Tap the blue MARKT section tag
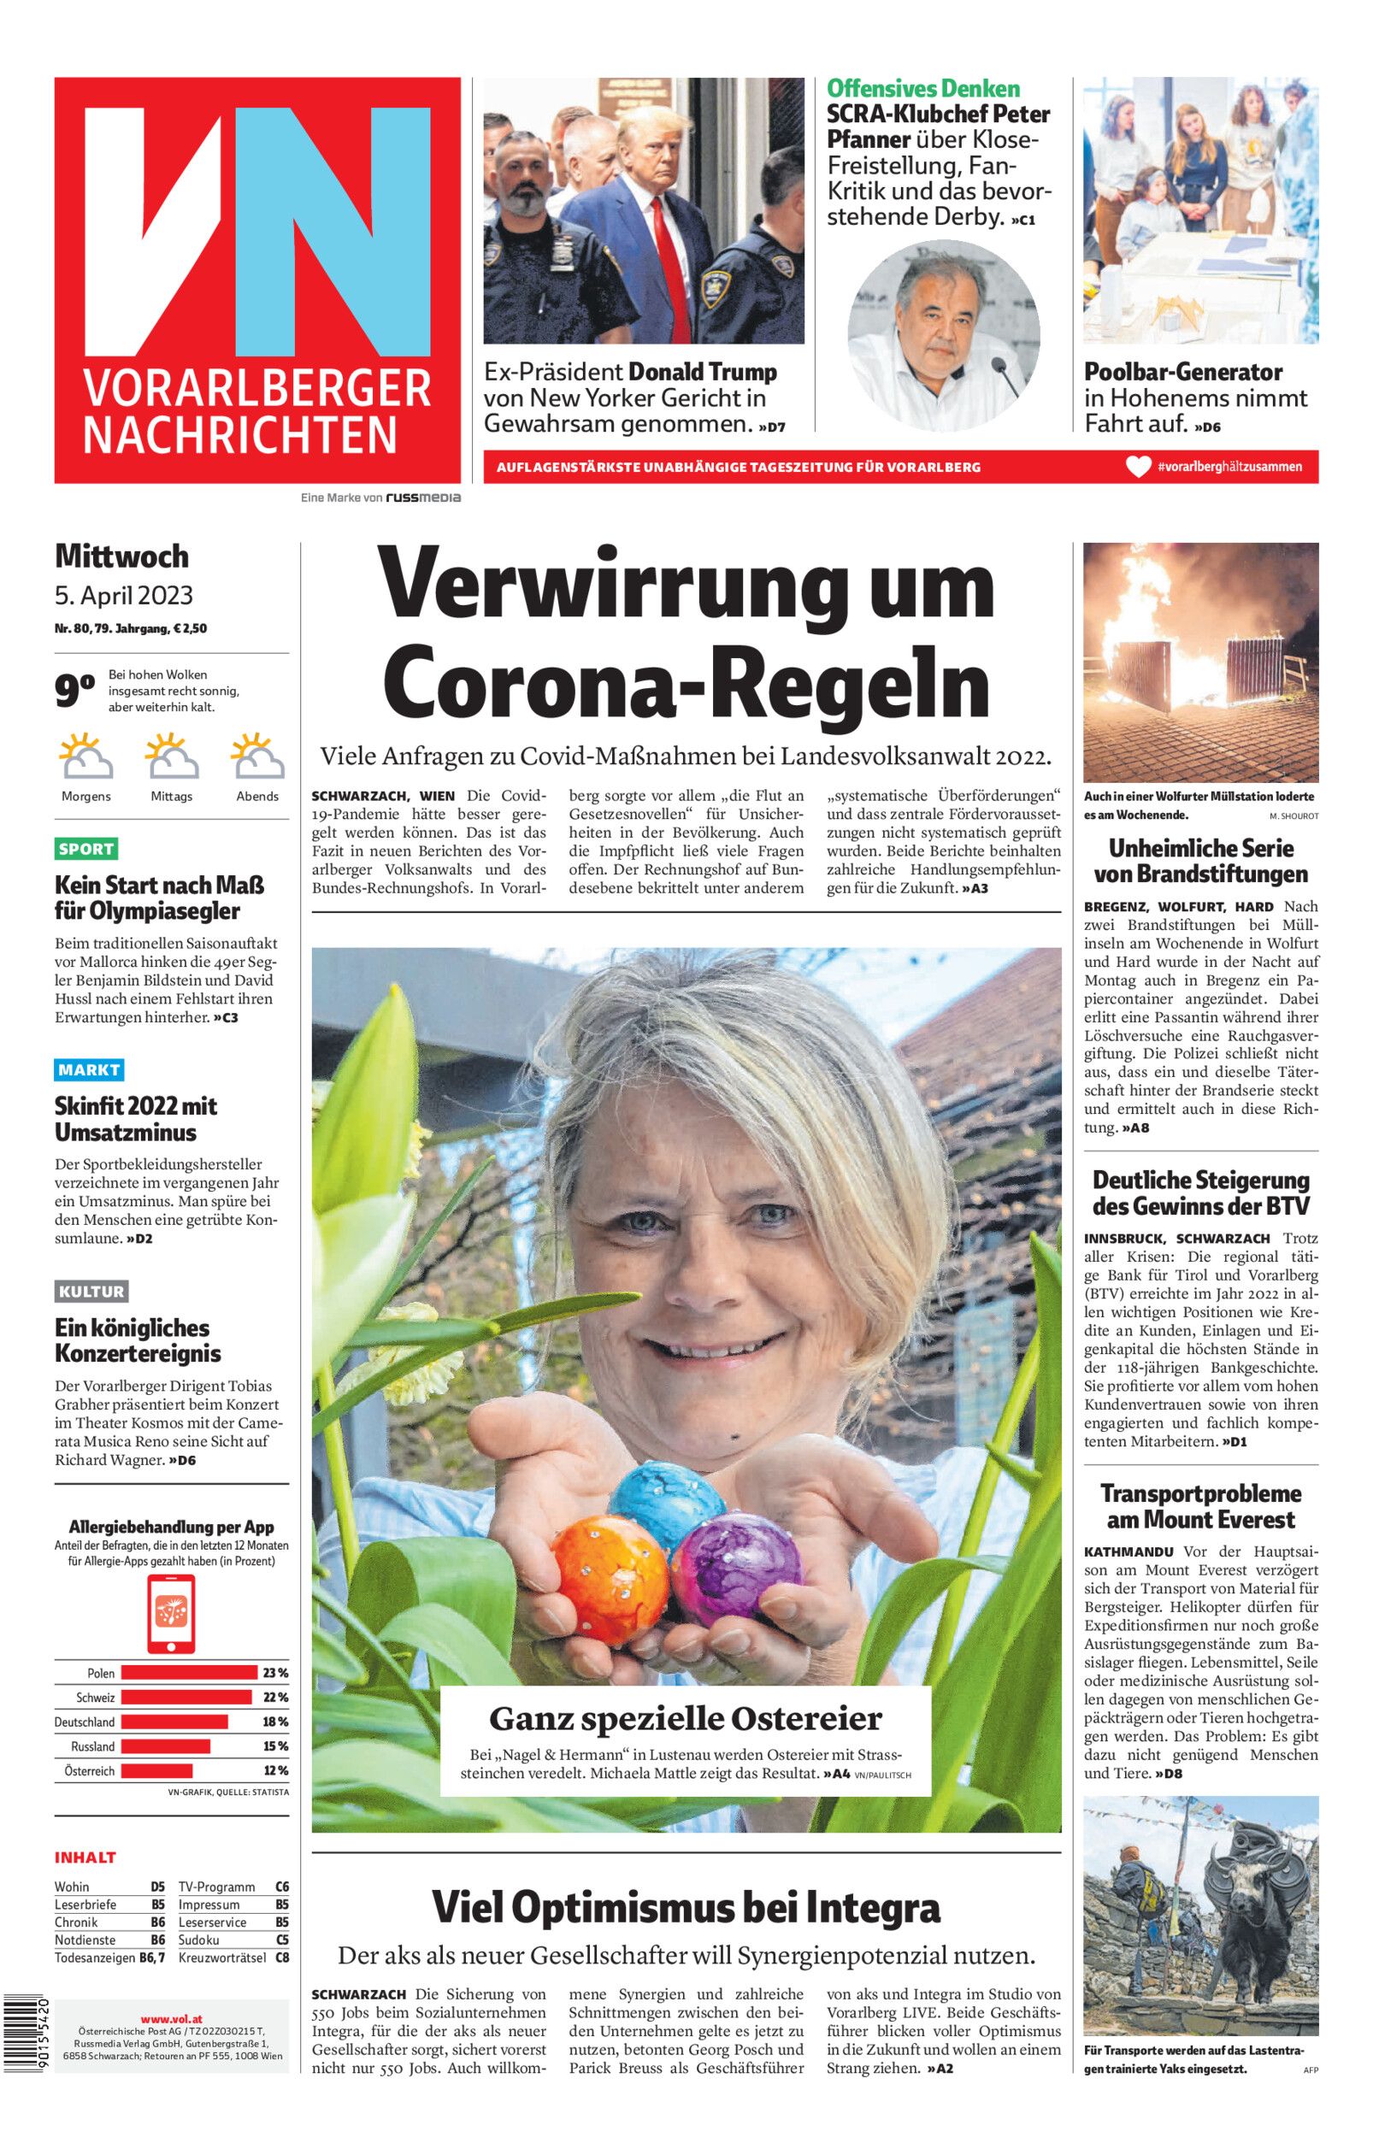88,1069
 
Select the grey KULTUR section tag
91,1292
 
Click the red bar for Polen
188,1673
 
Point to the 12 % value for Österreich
275,1771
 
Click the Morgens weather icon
85,756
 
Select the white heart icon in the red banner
1138,467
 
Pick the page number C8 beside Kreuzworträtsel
282,1957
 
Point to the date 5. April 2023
124,595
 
